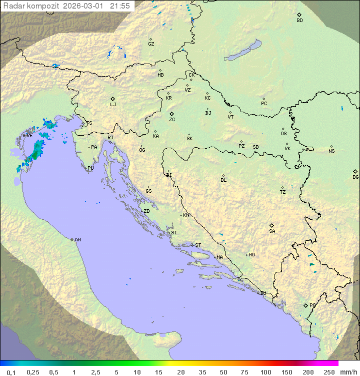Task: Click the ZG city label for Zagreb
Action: click(x=172, y=120)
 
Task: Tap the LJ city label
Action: click(x=113, y=105)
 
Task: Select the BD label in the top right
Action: click(x=299, y=21)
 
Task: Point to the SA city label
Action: click(x=272, y=231)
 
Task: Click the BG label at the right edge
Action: click(x=355, y=177)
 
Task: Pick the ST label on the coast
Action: click(x=198, y=245)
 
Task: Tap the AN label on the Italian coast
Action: click(x=77, y=240)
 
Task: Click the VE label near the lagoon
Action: click(x=29, y=136)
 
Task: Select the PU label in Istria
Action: click(x=90, y=168)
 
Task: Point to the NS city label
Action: click(x=331, y=151)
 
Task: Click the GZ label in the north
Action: click(x=151, y=44)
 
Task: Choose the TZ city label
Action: click(x=283, y=192)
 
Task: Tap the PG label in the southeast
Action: click(x=312, y=305)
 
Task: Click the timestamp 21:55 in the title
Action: click(x=121, y=6)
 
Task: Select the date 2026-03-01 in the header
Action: click(x=86, y=6)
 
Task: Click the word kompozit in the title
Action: click(x=43, y=6)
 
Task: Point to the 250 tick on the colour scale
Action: click(x=329, y=372)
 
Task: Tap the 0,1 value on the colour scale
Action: click(x=11, y=372)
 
